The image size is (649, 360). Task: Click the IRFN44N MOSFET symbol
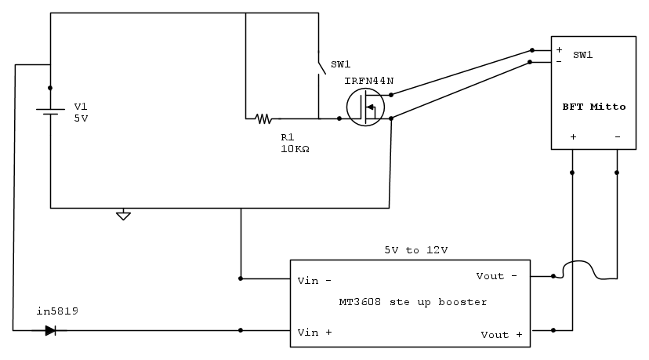[x=365, y=107]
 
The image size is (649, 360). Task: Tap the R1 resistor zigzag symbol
[x=263, y=119]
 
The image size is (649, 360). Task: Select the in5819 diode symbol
[x=50, y=330]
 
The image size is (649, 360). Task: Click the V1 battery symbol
[x=50, y=111]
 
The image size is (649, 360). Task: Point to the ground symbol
[x=123, y=214]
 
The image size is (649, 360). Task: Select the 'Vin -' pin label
[x=314, y=280]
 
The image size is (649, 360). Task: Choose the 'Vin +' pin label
[x=314, y=333]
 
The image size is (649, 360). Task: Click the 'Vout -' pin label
[x=497, y=276]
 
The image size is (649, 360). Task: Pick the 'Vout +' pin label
[x=502, y=335]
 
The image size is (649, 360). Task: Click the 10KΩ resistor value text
[x=294, y=148]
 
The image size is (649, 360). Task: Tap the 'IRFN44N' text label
[x=368, y=81]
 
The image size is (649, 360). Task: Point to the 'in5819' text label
[x=57, y=312]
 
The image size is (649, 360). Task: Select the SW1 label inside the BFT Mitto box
[x=583, y=55]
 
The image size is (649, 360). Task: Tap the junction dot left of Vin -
[x=241, y=278]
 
